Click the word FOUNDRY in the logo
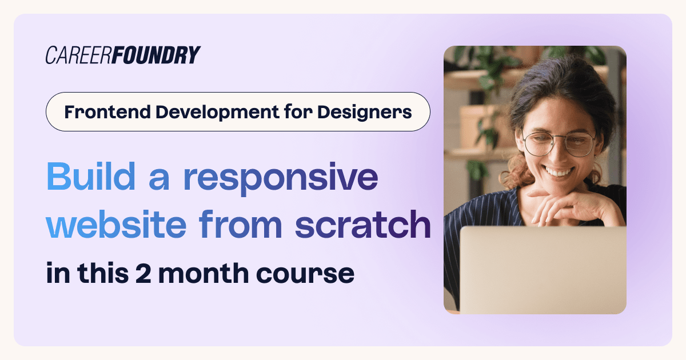(156, 55)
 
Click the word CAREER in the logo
(78, 55)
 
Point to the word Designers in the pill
(365, 113)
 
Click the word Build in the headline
(91, 177)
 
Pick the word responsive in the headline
(281, 179)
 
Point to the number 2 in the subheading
(143, 273)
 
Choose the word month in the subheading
(204, 273)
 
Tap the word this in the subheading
(103, 273)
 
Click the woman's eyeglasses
(559, 143)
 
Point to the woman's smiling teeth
(559, 172)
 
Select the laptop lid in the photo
(543, 270)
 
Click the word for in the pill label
(298, 112)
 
